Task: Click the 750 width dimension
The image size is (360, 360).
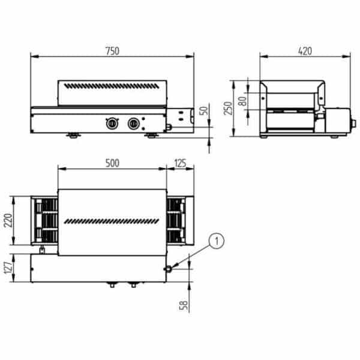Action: (x=113, y=51)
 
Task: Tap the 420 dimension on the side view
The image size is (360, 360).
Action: (x=305, y=51)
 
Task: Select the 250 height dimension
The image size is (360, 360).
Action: (x=228, y=108)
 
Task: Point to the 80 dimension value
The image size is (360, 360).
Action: (x=242, y=101)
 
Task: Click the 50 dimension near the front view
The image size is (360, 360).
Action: (x=204, y=110)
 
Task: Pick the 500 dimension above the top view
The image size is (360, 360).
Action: (x=112, y=163)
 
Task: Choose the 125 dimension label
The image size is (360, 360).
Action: (x=180, y=163)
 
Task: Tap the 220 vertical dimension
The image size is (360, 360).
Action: (x=8, y=220)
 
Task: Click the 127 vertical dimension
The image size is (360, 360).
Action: (x=8, y=268)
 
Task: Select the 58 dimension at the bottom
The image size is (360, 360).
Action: (x=184, y=305)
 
